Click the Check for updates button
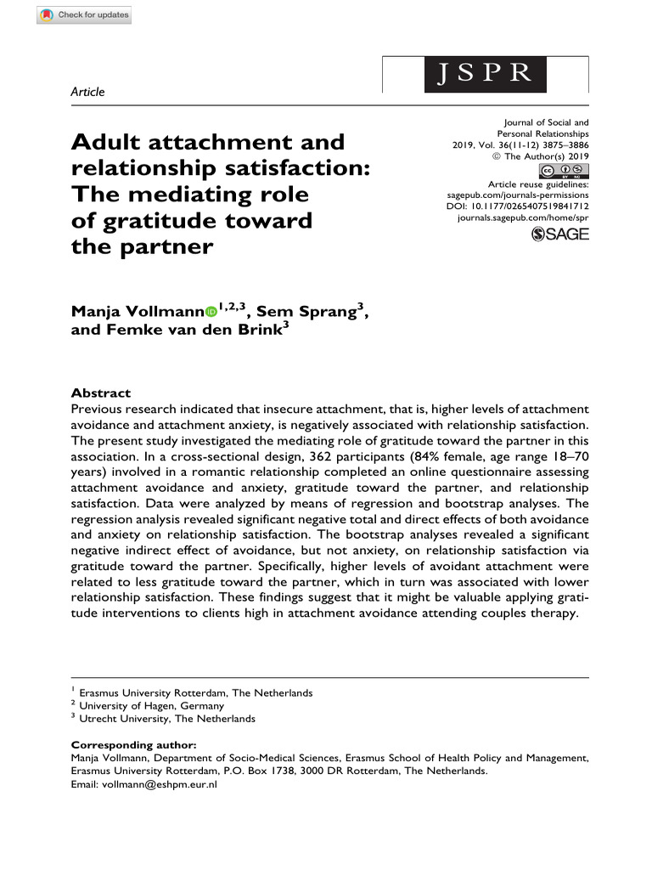[x=84, y=14]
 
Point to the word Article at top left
[x=87, y=92]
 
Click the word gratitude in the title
[x=156, y=223]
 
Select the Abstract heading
[x=100, y=393]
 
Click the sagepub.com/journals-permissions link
[x=517, y=195]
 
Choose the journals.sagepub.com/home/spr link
[x=523, y=218]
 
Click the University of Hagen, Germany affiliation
[x=151, y=705]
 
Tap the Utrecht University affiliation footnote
[x=166, y=718]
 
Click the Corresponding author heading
[x=132, y=745]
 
